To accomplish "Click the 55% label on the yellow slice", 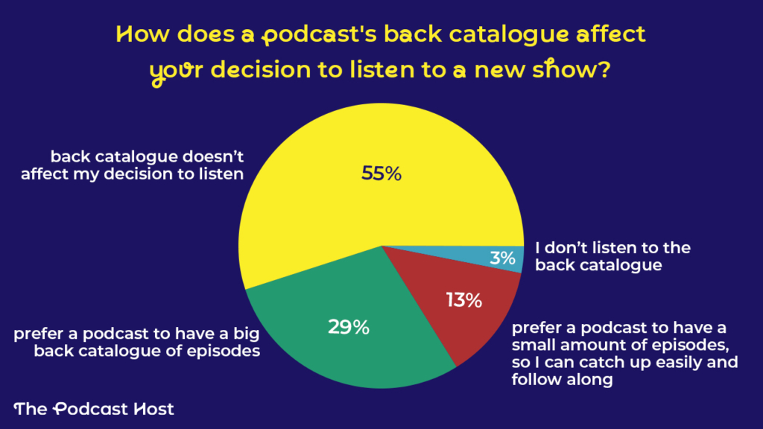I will coord(381,174).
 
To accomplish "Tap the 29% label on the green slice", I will coord(349,326).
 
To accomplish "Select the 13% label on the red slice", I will coord(464,300).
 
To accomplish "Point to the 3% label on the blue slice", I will coord(503,258).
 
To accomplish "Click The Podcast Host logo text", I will coord(94,409).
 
